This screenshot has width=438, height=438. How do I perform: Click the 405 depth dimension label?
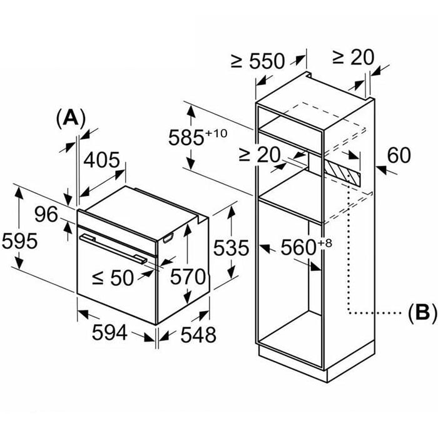coord(101,160)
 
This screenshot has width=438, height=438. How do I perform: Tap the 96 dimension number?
coord(46,215)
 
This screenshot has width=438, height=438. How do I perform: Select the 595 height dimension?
coord(19,241)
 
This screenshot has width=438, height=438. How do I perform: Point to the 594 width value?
coord(109,332)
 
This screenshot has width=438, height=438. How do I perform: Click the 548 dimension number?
coord(198,334)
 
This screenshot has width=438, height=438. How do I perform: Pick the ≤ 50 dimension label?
coord(113,278)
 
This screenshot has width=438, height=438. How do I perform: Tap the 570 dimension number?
coord(188,277)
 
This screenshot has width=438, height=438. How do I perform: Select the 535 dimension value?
coord(231,248)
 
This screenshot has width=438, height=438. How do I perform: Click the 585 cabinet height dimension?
coord(186,138)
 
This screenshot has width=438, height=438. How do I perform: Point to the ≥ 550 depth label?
coord(258,61)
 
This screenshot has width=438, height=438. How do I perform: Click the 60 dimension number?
coord(399,155)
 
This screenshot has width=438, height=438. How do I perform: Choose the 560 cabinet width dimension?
coord(298,248)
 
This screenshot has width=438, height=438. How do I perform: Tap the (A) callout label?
coord(70,118)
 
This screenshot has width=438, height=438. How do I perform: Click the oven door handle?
coord(113,248)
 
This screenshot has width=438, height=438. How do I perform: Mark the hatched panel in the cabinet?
coord(342,171)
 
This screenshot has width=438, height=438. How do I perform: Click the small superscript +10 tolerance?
coord(216,133)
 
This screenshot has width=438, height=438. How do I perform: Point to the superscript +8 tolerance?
coord(325,243)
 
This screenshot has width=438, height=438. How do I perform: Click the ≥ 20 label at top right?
coord(353,58)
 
